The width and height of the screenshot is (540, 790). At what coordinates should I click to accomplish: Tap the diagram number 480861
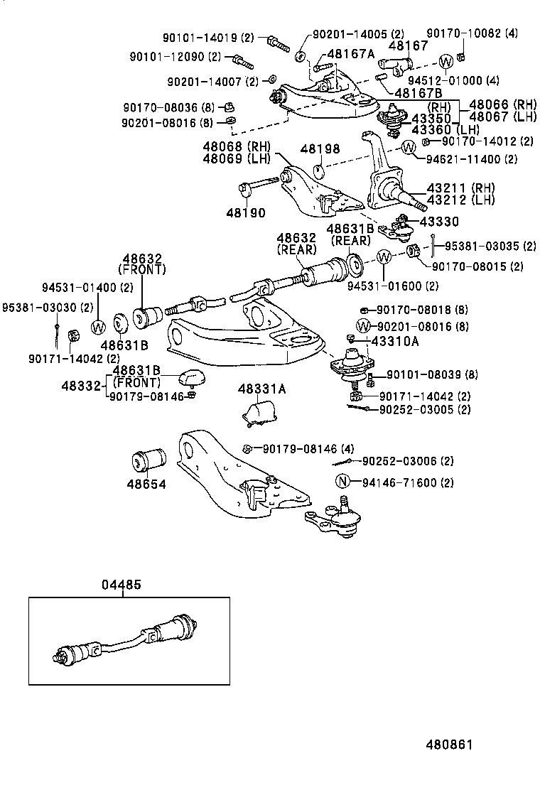point(449,745)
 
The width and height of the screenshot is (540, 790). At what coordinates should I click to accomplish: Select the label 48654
point(146,485)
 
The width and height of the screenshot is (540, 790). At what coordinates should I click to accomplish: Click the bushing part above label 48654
point(148,460)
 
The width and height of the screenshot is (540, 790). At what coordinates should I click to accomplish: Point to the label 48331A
point(262,389)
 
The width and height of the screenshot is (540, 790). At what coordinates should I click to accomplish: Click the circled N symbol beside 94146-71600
point(342,482)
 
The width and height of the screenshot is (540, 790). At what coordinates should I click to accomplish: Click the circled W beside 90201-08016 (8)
point(364,326)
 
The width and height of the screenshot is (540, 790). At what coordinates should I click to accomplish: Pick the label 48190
point(246,212)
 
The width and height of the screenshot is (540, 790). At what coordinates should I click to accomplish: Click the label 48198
point(320,149)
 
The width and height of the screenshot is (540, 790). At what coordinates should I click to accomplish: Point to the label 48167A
point(350,54)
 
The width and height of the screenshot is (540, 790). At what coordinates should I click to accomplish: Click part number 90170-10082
point(462,33)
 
